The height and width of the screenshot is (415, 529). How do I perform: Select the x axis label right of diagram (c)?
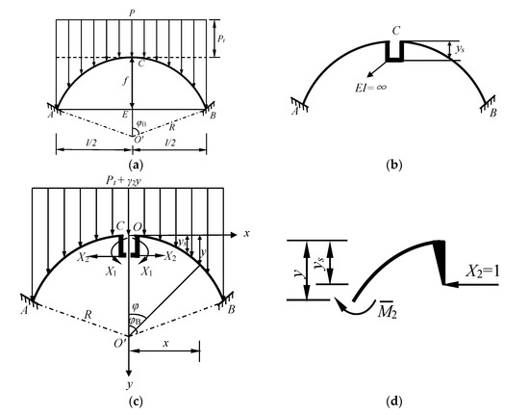[247, 235]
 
